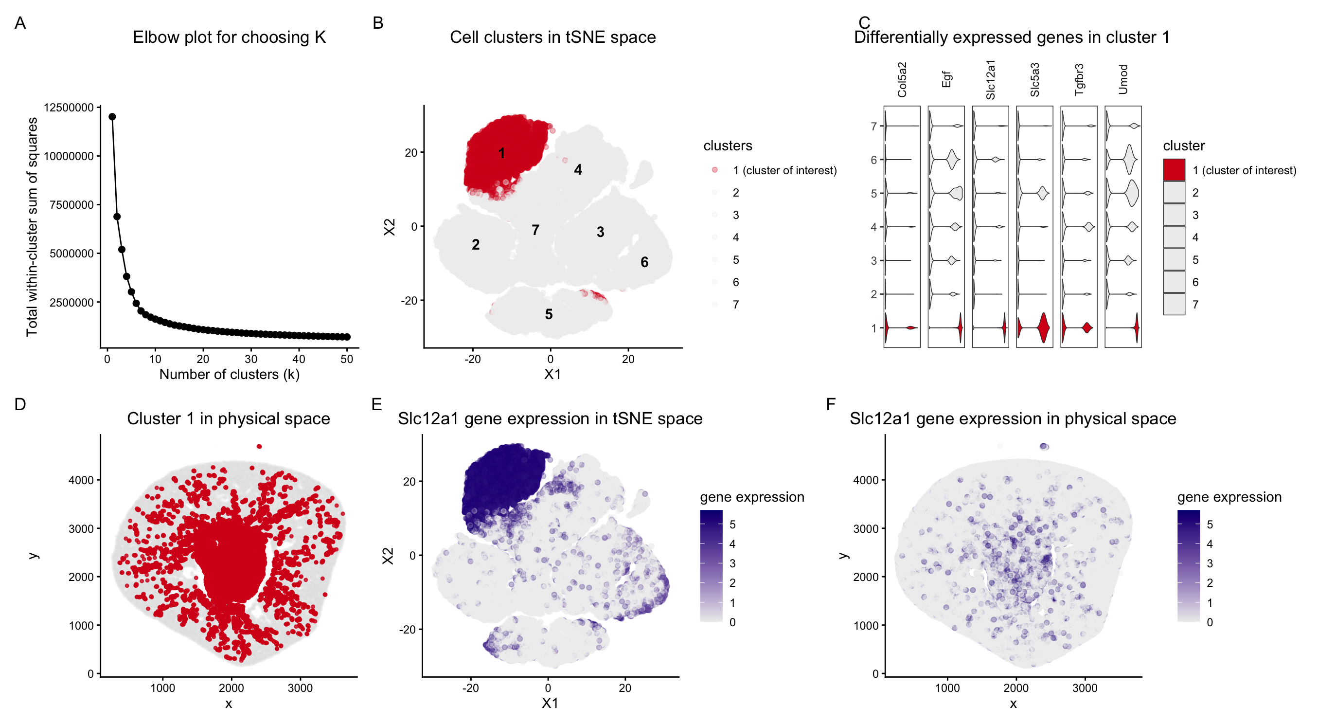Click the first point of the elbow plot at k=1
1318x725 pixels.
click(112, 117)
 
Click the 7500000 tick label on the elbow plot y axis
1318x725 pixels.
click(71, 205)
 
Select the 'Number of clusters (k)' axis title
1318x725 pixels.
click(229, 374)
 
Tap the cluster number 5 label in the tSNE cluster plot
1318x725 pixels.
click(549, 314)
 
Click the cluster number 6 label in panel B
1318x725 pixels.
click(644, 262)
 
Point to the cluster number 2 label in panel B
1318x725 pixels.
click(475, 245)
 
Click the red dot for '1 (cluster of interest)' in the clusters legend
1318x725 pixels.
click(715, 170)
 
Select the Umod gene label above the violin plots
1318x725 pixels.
click(1123, 79)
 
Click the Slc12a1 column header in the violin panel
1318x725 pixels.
click(991, 79)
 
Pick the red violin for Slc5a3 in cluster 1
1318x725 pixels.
click(1044, 327)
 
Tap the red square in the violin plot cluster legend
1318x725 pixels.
click(1174, 170)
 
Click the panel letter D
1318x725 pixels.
click(20, 404)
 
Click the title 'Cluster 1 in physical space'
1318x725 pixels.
click(228, 419)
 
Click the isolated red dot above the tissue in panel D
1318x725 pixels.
click(259, 447)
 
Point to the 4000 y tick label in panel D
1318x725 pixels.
click(81, 480)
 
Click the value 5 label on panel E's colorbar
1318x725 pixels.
click(732, 525)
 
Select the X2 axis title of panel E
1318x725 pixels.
click(388, 556)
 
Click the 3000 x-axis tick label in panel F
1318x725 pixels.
click(1084, 688)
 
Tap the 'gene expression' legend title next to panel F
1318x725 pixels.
click(1229, 497)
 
